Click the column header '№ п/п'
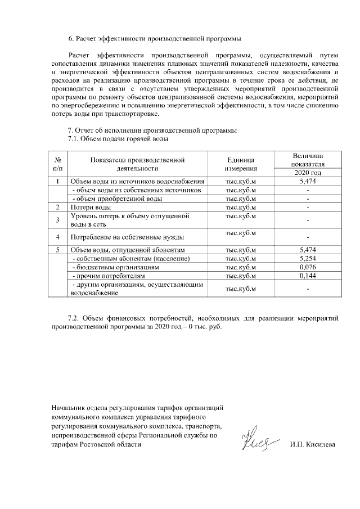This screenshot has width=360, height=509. click(58, 164)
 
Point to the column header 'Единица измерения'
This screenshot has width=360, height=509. click(241, 164)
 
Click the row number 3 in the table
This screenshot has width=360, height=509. click(58, 220)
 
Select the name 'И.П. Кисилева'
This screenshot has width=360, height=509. click(312, 444)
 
